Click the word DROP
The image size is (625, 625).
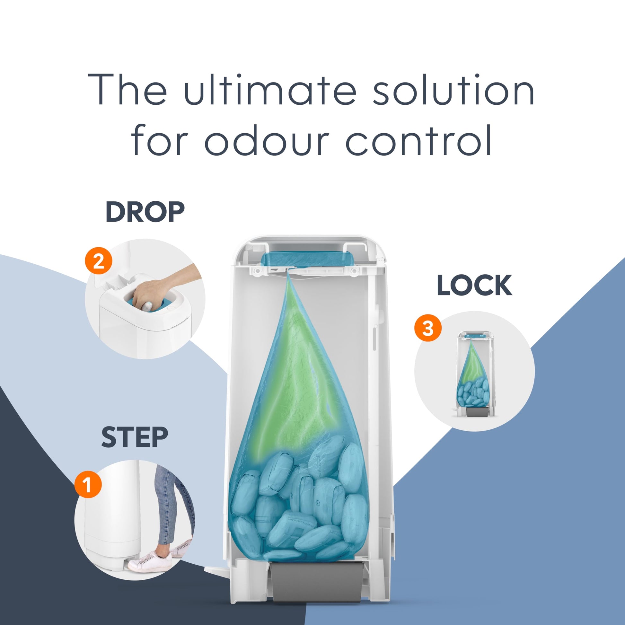click(x=145, y=212)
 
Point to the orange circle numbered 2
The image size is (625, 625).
click(x=99, y=261)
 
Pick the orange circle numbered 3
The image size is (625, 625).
click(x=428, y=329)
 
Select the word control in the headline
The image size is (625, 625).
click(x=419, y=140)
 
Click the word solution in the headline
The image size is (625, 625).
click(x=453, y=89)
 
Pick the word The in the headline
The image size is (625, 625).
click(x=128, y=89)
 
